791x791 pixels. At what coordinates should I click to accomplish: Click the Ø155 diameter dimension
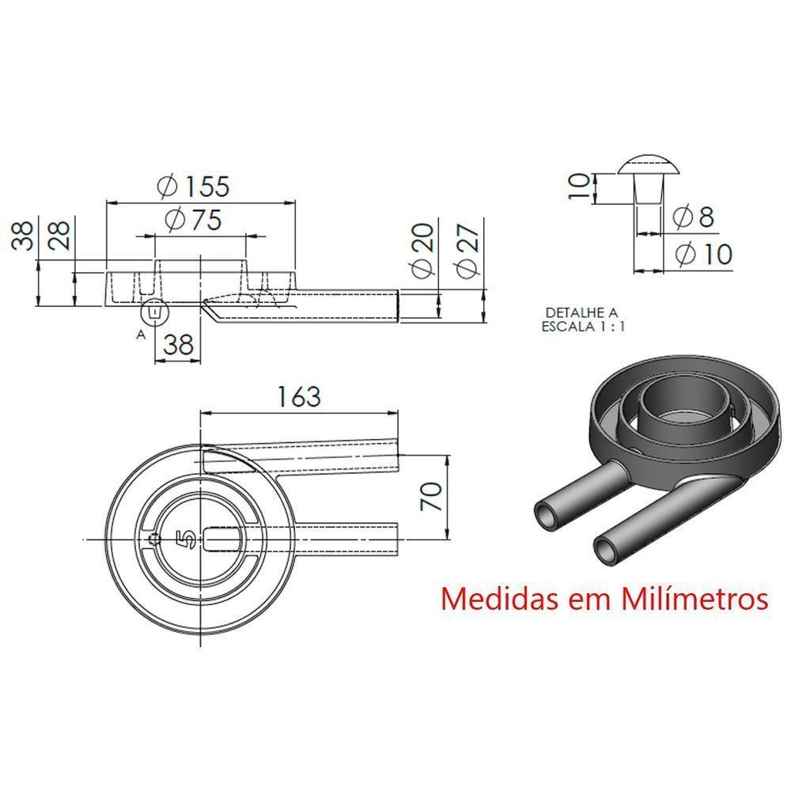click(x=194, y=186)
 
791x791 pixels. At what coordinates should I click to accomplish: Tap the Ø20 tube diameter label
click(x=423, y=250)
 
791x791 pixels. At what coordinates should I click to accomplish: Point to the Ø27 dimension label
click(x=469, y=250)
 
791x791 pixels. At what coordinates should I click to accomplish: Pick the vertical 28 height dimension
click(x=61, y=236)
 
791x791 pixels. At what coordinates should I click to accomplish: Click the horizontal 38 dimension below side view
click(x=178, y=344)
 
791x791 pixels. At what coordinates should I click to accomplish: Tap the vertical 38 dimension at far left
click(x=22, y=236)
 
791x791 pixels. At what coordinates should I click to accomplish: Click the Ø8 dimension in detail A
click(x=693, y=216)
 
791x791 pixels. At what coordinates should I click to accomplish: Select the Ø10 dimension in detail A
click(x=701, y=254)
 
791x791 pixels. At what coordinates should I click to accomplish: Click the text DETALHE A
click(x=581, y=312)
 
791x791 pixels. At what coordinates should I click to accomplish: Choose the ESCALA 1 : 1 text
click(x=583, y=325)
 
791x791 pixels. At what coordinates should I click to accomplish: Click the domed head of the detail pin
click(x=649, y=165)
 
